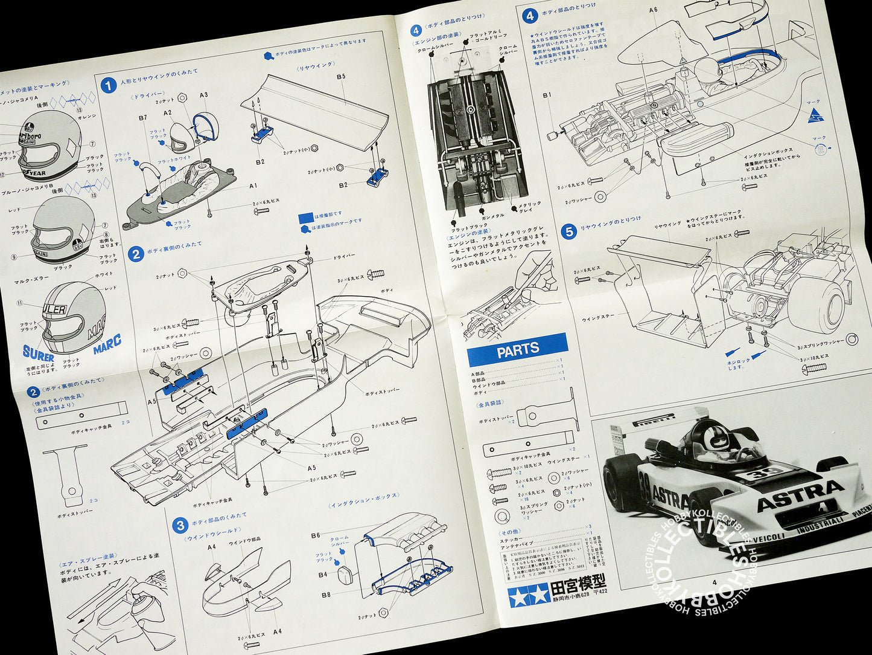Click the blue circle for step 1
pyautogui.click(x=108, y=86)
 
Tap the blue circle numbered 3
pyautogui.click(x=179, y=525)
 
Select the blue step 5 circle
pyautogui.click(x=568, y=231)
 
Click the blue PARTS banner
pyautogui.click(x=517, y=350)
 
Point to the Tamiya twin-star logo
pyautogui.click(x=520, y=595)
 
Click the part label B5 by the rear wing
pyautogui.click(x=341, y=76)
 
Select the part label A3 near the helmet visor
pyautogui.click(x=203, y=95)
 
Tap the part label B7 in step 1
pyautogui.click(x=143, y=118)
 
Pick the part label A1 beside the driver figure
pyautogui.click(x=253, y=186)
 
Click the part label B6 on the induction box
pyautogui.click(x=316, y=535)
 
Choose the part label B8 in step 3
pyautogui.click(x=325, y=595)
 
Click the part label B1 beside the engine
pyautogui.click(x=547, y=95)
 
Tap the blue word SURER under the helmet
pyautogui.click(x=38, y=354)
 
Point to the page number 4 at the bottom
pyautogui.click(x=714, y=582)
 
